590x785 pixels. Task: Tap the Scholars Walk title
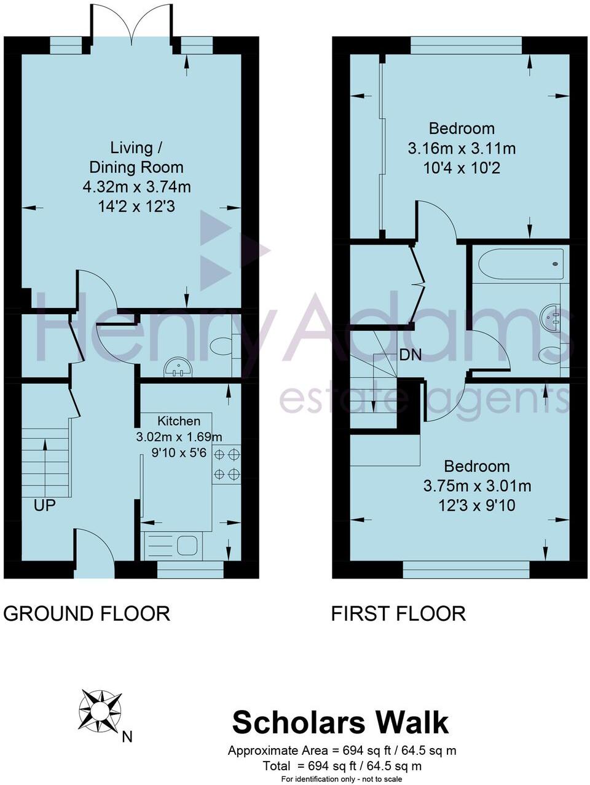[x=340, y=722]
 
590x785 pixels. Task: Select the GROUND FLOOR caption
[x=87, y=613]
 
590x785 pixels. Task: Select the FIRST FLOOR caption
[x=398, y=613]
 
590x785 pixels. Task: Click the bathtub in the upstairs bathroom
[x=521, y=264]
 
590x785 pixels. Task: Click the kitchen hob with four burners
[x=226, y=464]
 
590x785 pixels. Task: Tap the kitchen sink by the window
[x=186, y=545]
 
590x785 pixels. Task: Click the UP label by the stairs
[x=45, y=505]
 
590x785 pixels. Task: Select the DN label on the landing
[x=411, y=355]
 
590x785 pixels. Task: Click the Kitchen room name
[x=179, y=421]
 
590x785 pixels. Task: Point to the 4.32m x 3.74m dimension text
[x=136, y=186]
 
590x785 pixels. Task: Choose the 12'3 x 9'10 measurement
[x=477, y=505]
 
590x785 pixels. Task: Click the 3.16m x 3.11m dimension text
[x=462, y=148]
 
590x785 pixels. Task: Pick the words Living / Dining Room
[x=136, y=157]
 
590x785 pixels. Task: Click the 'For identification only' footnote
[x=342, y=779]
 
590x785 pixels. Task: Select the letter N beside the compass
[x=127, y=736]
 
